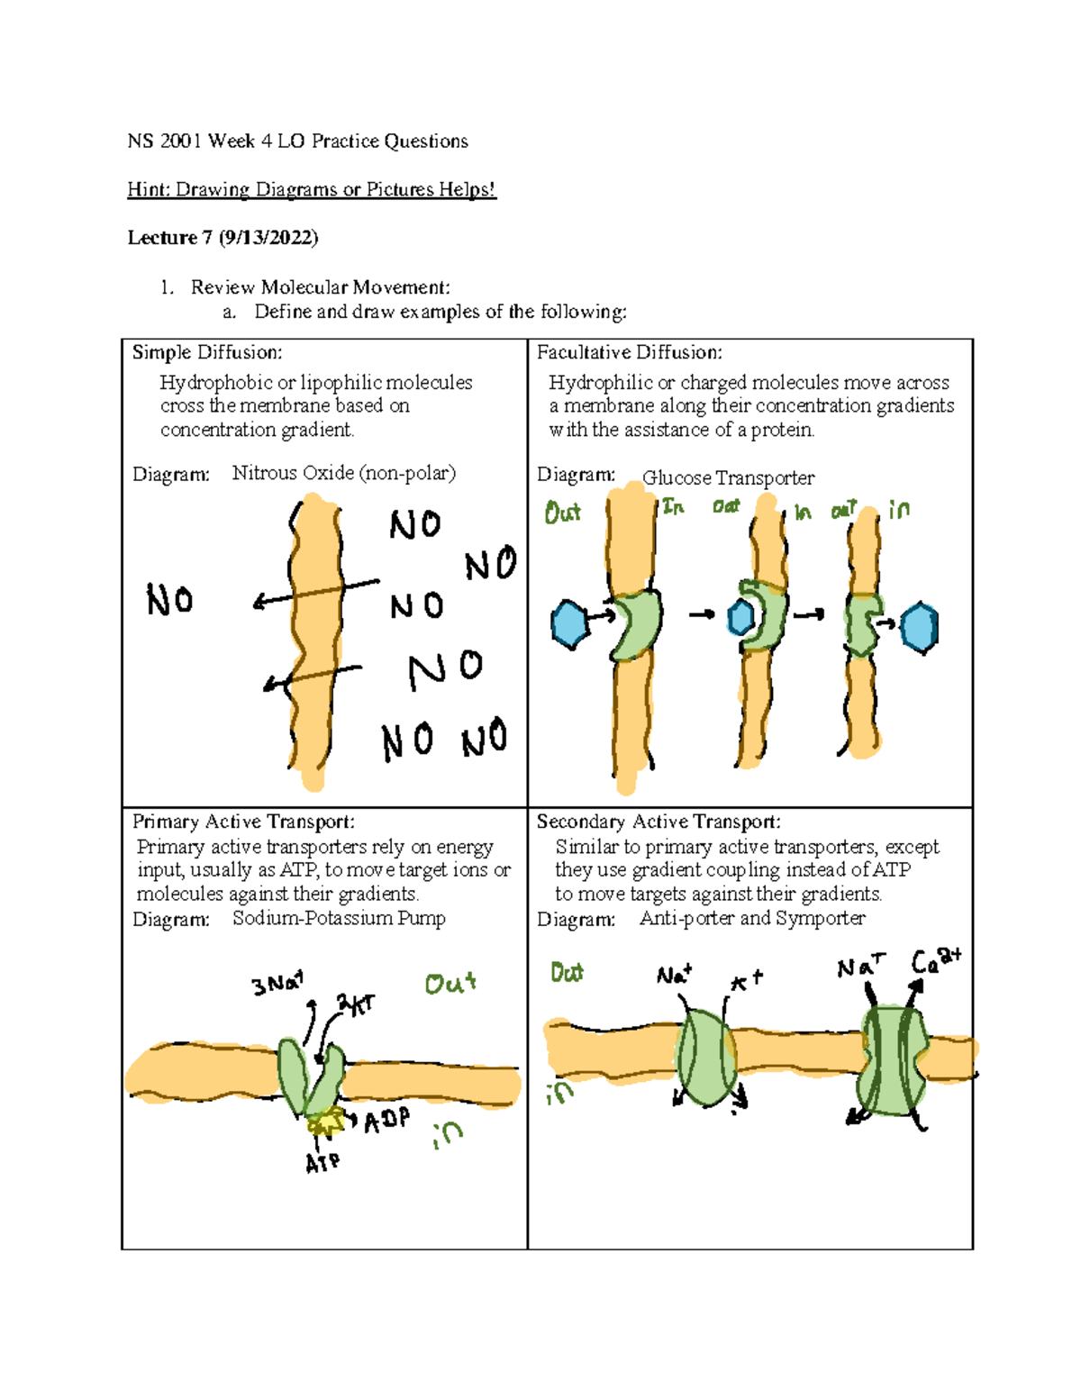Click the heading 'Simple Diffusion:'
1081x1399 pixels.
click(x=207, y=352)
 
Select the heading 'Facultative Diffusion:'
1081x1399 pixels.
click(x=629, y=352)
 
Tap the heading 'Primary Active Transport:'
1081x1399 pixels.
click(x=243, y=822)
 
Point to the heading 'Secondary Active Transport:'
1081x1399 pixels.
click(x=659, y=822)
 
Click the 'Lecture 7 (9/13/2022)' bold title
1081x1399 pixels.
click(x=223, y=238)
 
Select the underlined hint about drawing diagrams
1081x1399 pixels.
click(x=312, y=189)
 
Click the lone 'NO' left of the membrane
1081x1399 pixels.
click(x=169, y=600)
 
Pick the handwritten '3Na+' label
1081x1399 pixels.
click(x=277, y=983)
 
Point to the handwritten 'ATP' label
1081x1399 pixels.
click(x=322, y=1163)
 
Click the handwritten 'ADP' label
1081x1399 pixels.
click(x=387, y=1121)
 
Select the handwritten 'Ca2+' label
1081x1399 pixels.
click(x=936, y=962)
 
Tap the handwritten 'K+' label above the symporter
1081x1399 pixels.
click(x=747, y=980)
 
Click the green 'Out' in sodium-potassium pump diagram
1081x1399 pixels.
click(x=450, y=983)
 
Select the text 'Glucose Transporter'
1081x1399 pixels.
click(x=728, y=477)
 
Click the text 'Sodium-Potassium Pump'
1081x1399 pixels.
click(x=339, y=918)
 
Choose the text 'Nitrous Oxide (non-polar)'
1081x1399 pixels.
click(x=344, y=473)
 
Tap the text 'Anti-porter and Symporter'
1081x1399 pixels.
click(x=752, y=918)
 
